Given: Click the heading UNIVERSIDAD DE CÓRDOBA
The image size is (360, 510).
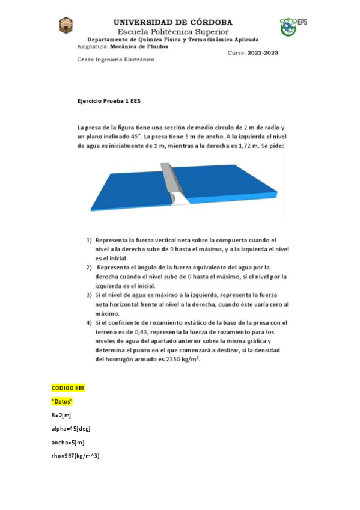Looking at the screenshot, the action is [173, 22].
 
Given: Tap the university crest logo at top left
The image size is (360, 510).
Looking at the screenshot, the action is [66, 26].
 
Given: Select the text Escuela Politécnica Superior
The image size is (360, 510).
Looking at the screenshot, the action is [173, 31].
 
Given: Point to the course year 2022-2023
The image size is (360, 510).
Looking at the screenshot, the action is [261, 52].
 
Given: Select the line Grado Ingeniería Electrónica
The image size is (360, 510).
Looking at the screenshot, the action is [116, 60].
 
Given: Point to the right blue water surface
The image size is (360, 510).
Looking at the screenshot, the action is [234, 183].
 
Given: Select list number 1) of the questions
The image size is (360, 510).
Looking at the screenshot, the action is [89, 239].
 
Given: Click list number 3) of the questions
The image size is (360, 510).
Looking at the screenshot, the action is [89, 295].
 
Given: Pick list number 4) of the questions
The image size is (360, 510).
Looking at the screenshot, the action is [89, 322].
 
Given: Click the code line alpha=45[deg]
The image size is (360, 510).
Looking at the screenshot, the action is [71, 429].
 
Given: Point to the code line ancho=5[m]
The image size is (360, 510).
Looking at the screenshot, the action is [69, 442].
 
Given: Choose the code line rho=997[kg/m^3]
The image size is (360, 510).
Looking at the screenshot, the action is [76, 456].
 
